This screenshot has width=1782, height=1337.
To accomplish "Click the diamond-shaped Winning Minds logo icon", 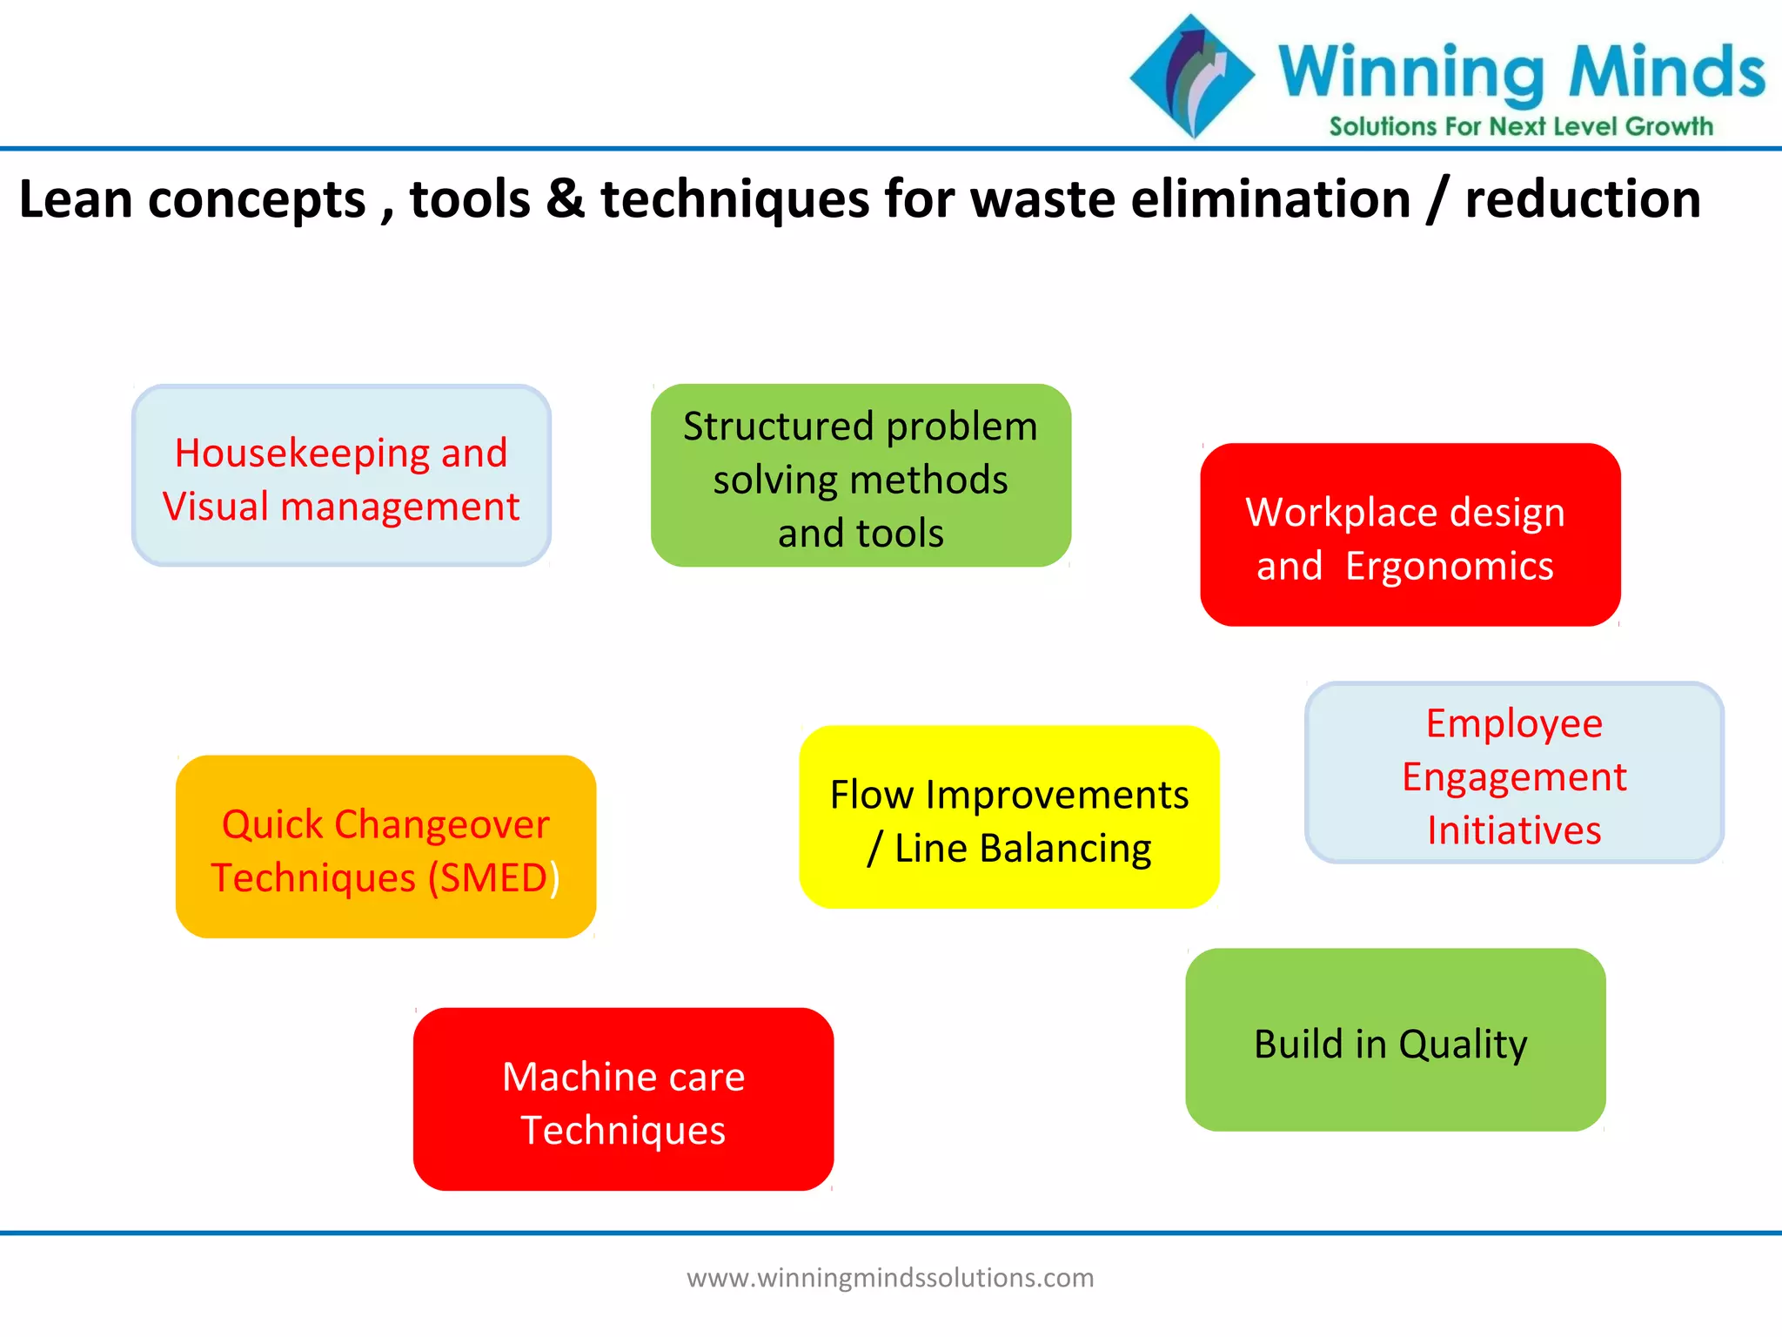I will pyautogui.click(x=1192, y=76).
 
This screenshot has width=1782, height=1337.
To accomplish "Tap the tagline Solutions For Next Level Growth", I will pyautogui.click(x=1520, y=127).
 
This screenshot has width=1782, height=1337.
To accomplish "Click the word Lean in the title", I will pyautogui.click(x=75, y=199).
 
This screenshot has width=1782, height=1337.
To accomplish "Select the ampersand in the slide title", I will pyautogui.click(x=566, y=199).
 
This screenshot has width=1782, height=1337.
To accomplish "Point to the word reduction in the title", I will pyautogui.click(x=1583, y=199).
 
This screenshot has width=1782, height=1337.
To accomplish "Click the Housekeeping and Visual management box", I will pyautogui.click(x=341, y=476).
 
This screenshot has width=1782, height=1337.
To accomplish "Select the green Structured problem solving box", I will pyautogui.click(x=861, y=476).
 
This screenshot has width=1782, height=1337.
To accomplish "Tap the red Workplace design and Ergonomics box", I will pyautogui.click(x=1410, y=535).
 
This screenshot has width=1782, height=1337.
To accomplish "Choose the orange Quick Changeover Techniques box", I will pyautogui.click(x=385, y=847).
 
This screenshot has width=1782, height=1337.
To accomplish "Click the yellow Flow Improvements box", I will pyautogui.click(x=1009, y=817).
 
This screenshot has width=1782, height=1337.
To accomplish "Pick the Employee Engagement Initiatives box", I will pyautogui.click(x=1514, y=773).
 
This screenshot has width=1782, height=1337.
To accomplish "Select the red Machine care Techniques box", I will pyautogui.click(x=623, y=1099).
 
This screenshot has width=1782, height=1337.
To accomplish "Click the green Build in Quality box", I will pyautogui.click(x=1395, y=1040).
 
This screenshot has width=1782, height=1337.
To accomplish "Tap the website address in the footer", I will pyautogui.click(x=890, y=1278).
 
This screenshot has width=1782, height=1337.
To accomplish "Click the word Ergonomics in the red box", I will pyautogui.click(x=1449, y=567).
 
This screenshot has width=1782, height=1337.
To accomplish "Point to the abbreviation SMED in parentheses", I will pyautogui.click(x=492, y=877).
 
